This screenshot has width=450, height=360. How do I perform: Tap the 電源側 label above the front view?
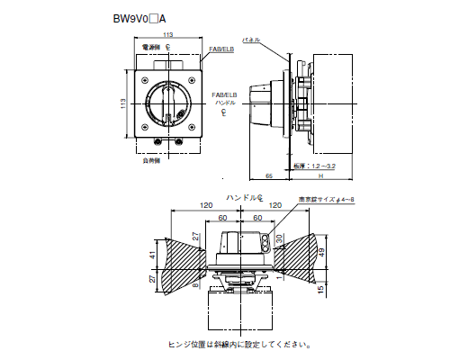(148, 45)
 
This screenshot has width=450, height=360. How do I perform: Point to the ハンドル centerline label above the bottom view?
(244, 196)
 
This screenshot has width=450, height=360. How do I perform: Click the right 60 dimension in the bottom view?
(258, 218)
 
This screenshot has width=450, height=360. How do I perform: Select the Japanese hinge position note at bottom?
(241, 343)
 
